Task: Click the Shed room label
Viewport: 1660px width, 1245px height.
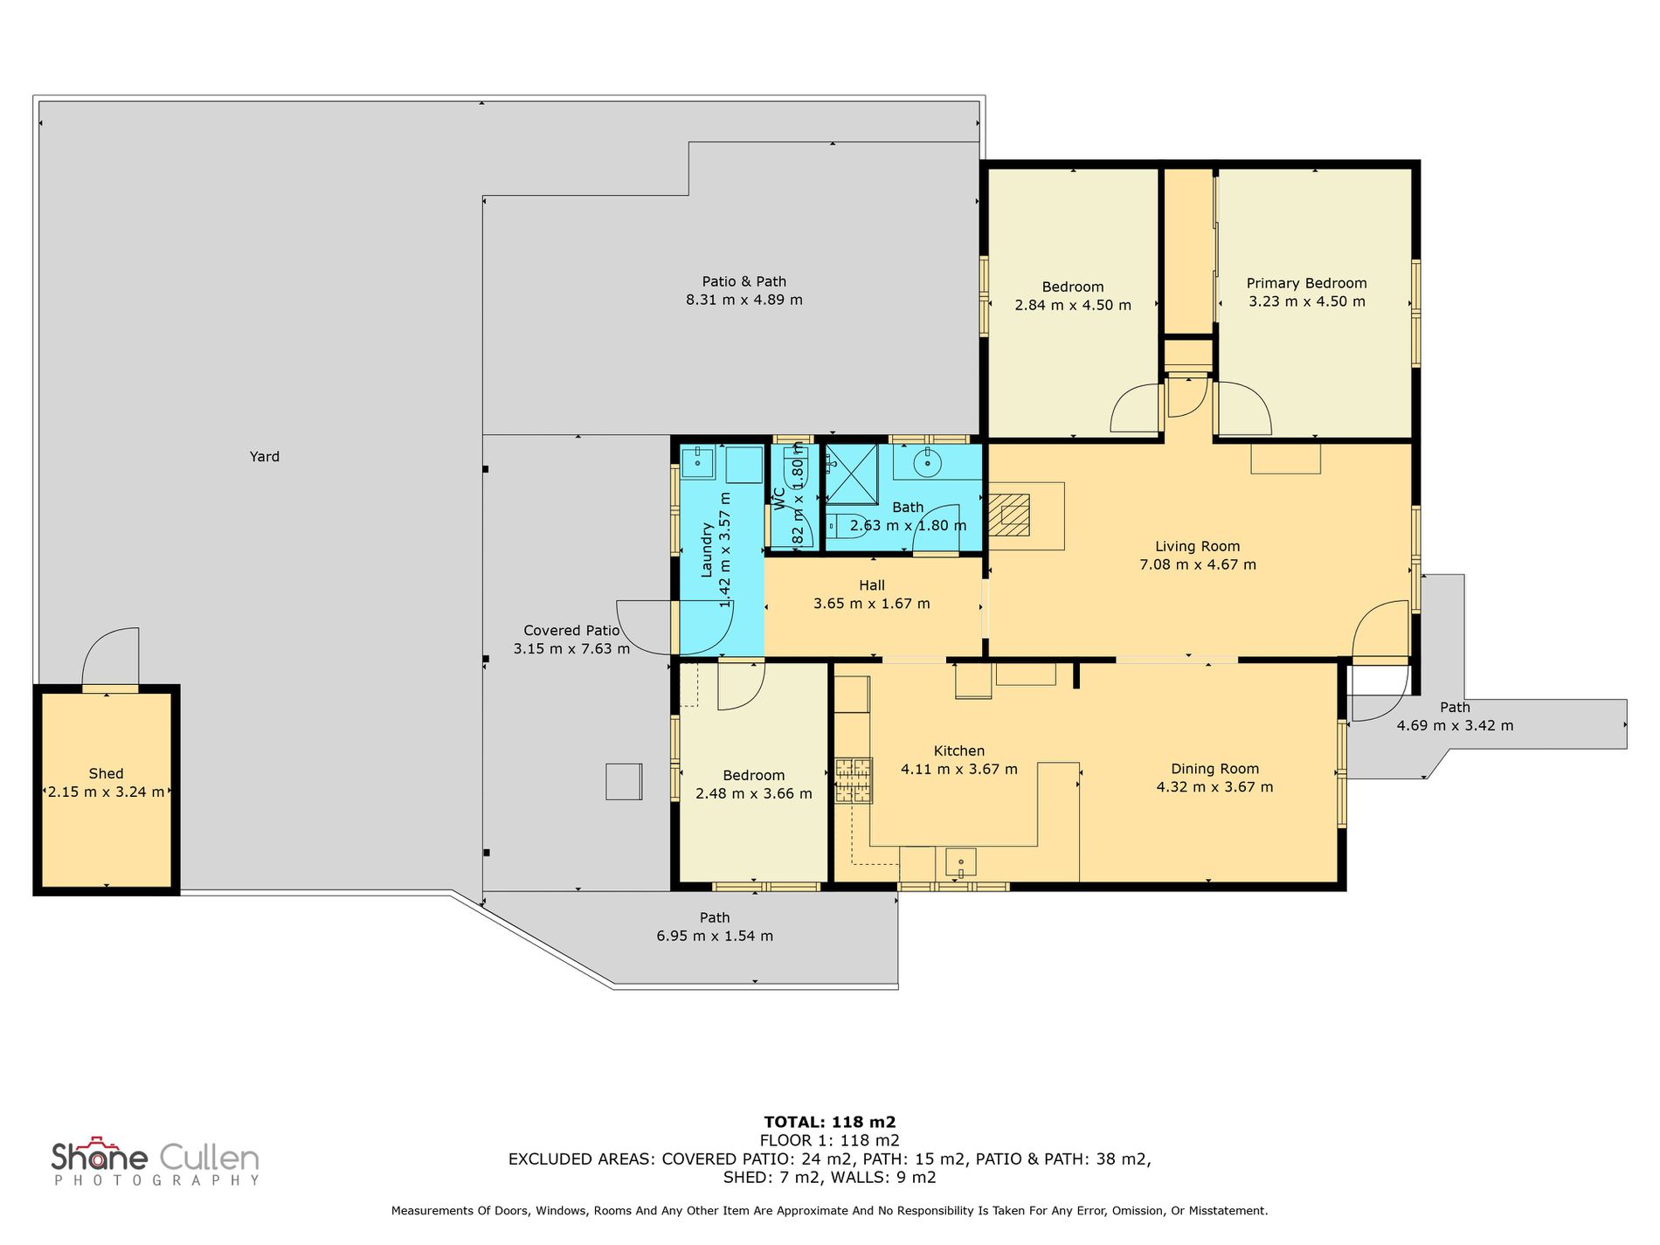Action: point(106,774)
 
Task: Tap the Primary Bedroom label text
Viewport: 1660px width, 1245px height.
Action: point(1306,283)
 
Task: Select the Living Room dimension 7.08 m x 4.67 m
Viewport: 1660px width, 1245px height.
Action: point(1198,564)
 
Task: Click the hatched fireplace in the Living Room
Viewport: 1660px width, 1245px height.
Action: point(1009,515)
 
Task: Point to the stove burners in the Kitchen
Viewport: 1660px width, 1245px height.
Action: point(854,780)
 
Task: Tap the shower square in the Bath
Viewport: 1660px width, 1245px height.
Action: point(851,474)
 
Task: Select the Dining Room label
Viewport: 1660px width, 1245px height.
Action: point(1214,769)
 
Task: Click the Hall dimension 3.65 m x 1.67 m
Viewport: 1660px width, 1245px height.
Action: point(871,604)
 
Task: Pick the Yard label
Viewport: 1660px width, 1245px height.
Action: point(265,456)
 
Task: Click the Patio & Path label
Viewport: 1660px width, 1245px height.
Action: point(744,281)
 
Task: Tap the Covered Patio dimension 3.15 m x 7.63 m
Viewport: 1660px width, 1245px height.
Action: point(571,649)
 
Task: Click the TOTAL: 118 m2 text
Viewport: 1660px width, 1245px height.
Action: point(830,1123)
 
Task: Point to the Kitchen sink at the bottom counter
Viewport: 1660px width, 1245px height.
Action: point(961,862)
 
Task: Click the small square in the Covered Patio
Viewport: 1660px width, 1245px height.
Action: point(624,781)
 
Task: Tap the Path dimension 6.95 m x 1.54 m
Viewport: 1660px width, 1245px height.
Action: point(715,936)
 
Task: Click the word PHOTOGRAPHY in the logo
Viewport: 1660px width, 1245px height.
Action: point(157,1180)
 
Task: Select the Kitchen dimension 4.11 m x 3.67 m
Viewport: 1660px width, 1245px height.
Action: point(959,770)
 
